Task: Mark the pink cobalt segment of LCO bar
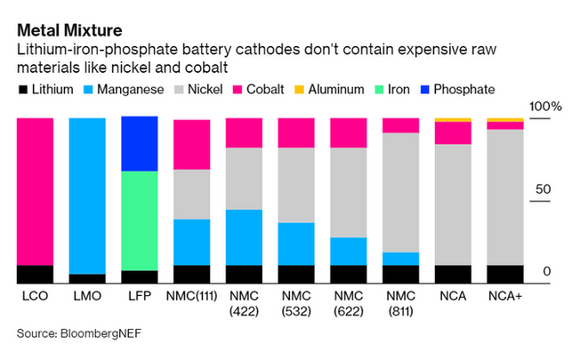[36, 191]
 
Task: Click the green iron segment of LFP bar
[140, 220]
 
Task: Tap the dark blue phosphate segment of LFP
[140, 144]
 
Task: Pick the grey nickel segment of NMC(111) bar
[192, 194]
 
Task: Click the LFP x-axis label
[139, 294]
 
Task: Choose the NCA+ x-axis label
[504, 294]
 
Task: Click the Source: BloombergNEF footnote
[79, 333]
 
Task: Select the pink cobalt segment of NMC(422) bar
[245, 132]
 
